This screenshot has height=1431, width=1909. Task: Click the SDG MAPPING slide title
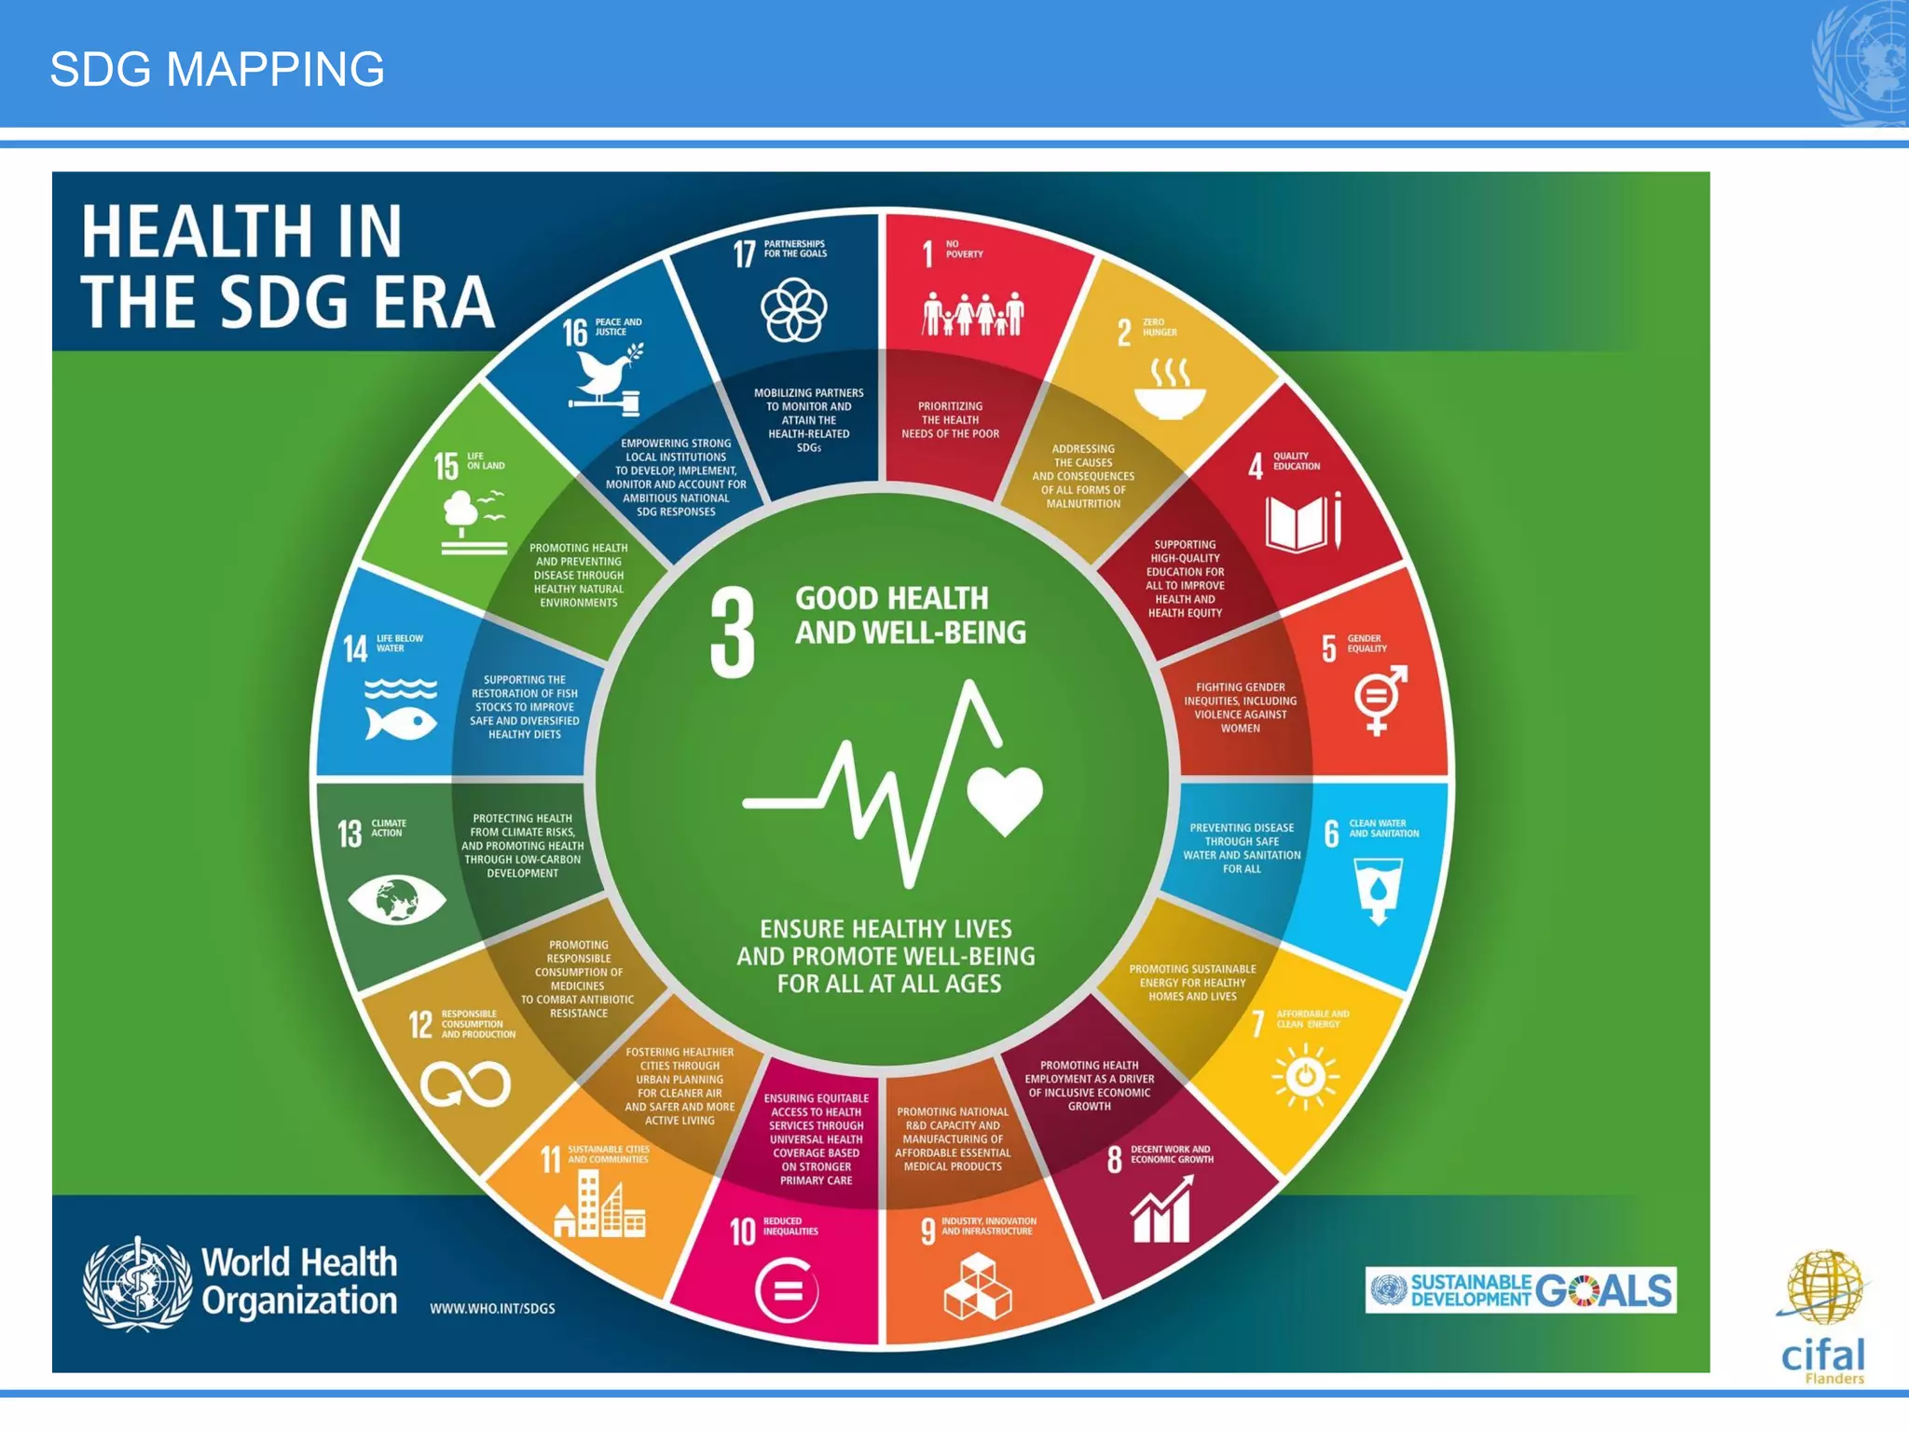coord(217,70)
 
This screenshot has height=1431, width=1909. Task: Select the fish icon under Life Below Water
coord(401,722)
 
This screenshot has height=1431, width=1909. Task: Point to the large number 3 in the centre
coord(733,633)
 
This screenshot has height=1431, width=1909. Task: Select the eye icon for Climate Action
coord(396,900)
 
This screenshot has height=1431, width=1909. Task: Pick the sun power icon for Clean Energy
coord(1306,1077)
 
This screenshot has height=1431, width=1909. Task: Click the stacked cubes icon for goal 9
coord(977,1288)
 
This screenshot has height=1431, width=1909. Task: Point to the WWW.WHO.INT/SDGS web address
coord(492,1309)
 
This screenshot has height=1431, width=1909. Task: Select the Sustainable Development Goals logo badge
coord(1520,1290)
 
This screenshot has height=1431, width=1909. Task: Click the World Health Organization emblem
coord(138,1284)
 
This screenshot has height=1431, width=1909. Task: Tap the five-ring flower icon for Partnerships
coord(793,311)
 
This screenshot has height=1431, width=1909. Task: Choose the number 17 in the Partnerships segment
coord(744,253)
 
